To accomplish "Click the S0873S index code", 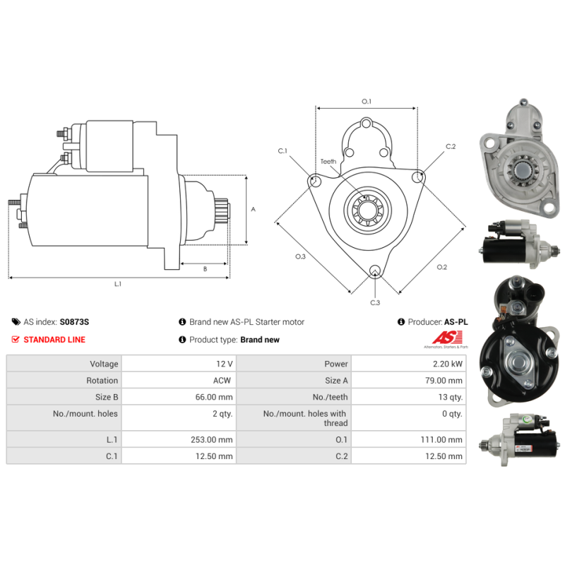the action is pos(74,322).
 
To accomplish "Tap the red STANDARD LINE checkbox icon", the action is pos(16,340).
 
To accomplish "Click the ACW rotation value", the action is pos(222,381).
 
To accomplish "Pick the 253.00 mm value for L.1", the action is pos(211,439).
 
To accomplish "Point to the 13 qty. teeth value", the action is pos(451,397).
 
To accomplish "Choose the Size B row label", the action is pos(107,397).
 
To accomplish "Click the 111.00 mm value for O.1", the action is pos(441,439).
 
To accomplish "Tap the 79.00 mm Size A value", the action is pos(444,381).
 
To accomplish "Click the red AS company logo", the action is pos(447,338).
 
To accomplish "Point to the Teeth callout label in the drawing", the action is pos(328,162).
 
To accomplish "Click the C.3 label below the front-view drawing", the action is pos(375,303).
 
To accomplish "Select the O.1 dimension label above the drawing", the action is pos(367,102).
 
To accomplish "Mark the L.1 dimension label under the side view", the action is pos(118,284).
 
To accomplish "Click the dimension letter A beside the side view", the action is pos(254,209).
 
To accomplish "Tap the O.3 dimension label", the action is pos(301,256).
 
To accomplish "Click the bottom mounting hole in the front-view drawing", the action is pos(375,270).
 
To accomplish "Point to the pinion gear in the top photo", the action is pos(521,169).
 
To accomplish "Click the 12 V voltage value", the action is pos(225,364).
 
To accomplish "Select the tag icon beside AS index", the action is pos(16,322).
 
